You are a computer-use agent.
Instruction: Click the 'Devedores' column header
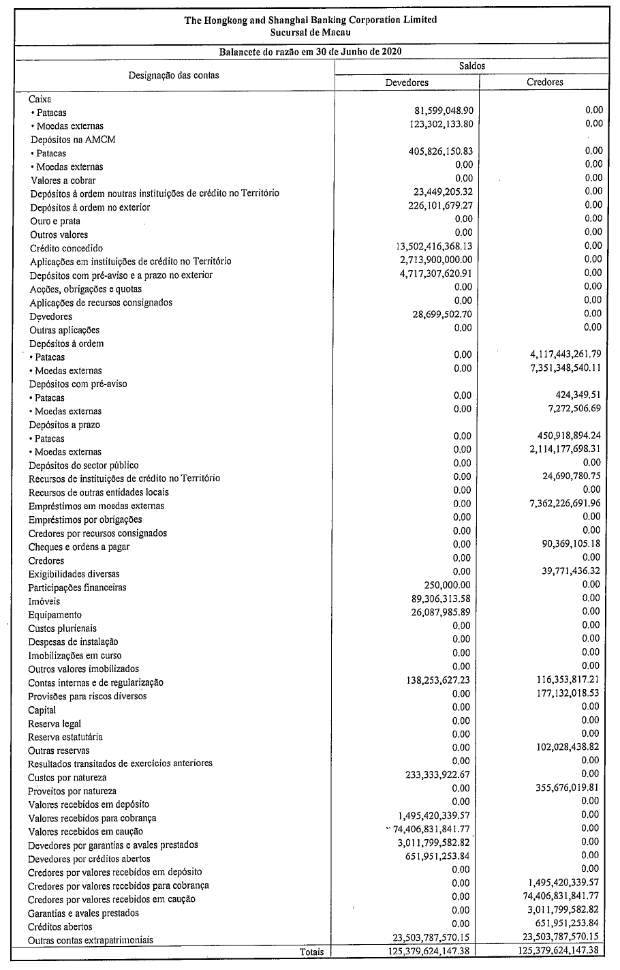pyautogui.click(x=407, y=82)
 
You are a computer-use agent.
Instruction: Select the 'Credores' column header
pyautogui.click(x=545, y=82)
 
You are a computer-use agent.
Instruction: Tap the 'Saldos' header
pyautogui.click(x=472, y=66)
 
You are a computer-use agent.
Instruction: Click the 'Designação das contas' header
pyautogui.click(x=174, y=75)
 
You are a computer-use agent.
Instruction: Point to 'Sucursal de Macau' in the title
pyautogui.click(x=311, y=31)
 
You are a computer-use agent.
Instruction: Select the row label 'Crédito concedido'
pyautogui.click(x=66, y=248)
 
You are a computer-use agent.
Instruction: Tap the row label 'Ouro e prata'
pyautogui.click(x=55, y=221)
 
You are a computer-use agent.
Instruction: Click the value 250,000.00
pyautogui.click(x=447, y=585)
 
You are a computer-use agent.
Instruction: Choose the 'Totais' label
pyautogui.click(x=312, y=951)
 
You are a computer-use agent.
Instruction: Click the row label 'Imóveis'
pyautogui.click(x=44, y=601)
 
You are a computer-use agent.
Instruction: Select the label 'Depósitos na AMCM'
pyautogui.click(x=73, y=140)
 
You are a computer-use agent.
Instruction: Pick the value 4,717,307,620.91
pyautogui.click(x=424, y=273)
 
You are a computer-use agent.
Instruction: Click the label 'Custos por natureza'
pyautogui.click(x=67, y=777)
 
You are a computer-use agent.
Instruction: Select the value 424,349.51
pyautogui.click(x=574, y=395)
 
